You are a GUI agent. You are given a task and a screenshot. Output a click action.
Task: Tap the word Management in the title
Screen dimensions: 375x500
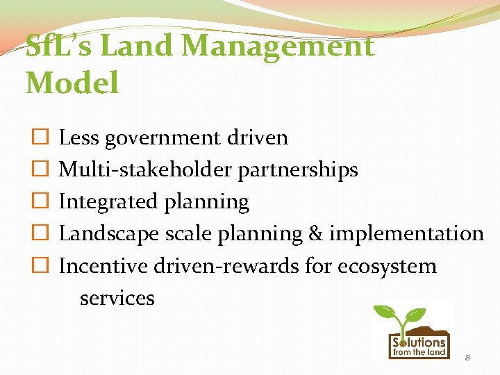(x=278, y=47)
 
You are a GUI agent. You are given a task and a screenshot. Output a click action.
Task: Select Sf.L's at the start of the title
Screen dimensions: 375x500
(x=62, y=47)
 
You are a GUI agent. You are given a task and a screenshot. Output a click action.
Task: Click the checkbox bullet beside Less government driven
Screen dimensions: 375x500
(x=40, y=137)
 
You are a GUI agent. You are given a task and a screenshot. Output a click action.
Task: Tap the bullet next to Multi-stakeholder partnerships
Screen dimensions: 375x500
(x=40, y=169)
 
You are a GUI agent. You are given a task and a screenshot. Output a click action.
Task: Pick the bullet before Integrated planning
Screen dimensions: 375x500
(x=40, y=201)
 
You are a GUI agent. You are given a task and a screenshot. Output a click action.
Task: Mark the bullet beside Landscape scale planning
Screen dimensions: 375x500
(x=40, y=233)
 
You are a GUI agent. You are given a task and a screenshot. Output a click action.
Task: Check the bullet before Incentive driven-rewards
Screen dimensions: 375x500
(x=40, y=266)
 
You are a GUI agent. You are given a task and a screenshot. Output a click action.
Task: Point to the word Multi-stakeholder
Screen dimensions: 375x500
(x=147, y=169)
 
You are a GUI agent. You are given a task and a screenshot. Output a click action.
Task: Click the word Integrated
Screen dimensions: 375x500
(x=109, y=201)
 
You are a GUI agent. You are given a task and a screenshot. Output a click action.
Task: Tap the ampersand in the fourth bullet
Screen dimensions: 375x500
(x=315, y=233)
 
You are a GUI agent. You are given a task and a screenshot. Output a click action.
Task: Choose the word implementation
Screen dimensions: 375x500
(x=406, y=233)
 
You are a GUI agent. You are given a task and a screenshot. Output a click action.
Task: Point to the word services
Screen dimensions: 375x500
(x=117, y=298)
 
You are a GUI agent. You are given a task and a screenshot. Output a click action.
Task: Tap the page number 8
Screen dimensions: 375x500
(x=467, y=357)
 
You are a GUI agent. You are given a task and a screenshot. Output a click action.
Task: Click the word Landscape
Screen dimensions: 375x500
(x=109, y=233)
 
